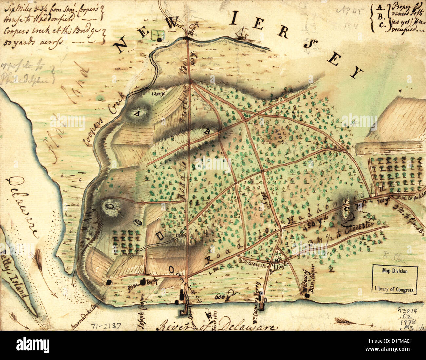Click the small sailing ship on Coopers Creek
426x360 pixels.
point(242,33)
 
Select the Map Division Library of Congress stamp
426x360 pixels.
point(395,280)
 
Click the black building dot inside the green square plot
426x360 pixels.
point(160,40)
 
